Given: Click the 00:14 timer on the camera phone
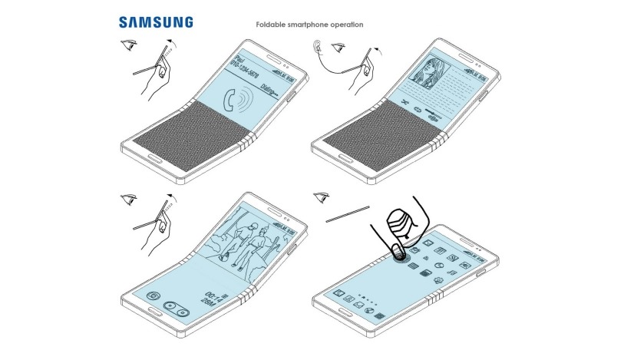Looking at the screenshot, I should click(x=213, y=292).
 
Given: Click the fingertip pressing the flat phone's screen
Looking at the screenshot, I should click(x=400, y=250).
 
